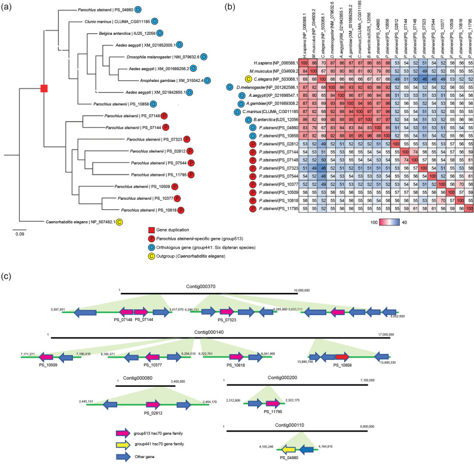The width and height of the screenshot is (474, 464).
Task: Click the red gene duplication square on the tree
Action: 43,88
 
